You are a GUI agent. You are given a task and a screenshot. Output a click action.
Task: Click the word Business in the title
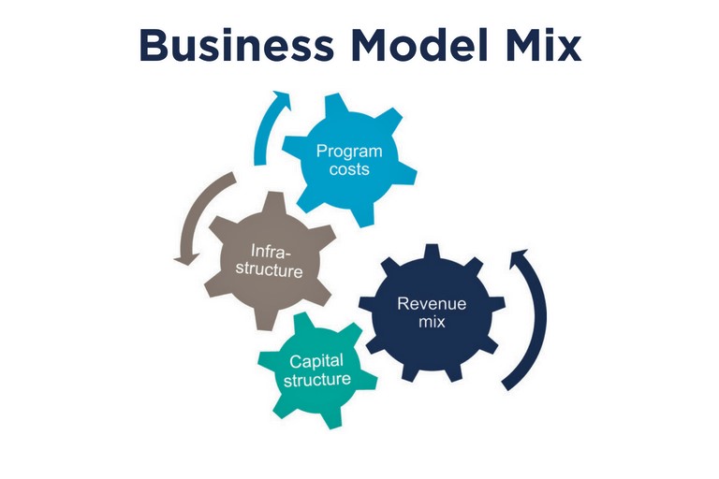pyautogui.click(x=237, y=45)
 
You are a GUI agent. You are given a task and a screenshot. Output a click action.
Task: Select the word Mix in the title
pyautogui.click(x=544, y=45)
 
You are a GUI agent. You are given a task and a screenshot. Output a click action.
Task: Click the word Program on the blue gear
pyautogui.click(x=349, y=152)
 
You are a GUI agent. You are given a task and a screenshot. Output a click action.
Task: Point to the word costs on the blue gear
pyautogui.click(x=349, y=169)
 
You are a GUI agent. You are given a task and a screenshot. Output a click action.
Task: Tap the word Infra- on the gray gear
pyautogui.click(x=271, y=252)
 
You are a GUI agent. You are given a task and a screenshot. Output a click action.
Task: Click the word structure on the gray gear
pyautogui.click(x=270, y=269)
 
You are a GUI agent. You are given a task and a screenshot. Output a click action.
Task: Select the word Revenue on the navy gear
pyautogui.click(x=432, y=303)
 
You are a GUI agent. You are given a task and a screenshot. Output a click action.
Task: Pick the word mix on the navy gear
pyautogui.click(x=432, y=321)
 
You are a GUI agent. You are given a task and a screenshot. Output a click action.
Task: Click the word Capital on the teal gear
pyautogui.click(x=315, y=362)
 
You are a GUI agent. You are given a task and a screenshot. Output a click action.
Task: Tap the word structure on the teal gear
pyautogui.click(x=316, y=380)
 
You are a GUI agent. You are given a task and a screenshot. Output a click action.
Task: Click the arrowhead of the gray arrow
pyautogui.click(x=187, y=258)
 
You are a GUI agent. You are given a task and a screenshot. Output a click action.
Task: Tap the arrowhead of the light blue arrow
pyautogui.click(x=281, y=98)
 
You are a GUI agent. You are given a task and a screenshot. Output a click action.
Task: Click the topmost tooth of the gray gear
pyautogui.click(x=275, y=202)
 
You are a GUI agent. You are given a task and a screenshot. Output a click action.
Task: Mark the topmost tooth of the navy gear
pyautogui.click(x=432, y=252)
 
